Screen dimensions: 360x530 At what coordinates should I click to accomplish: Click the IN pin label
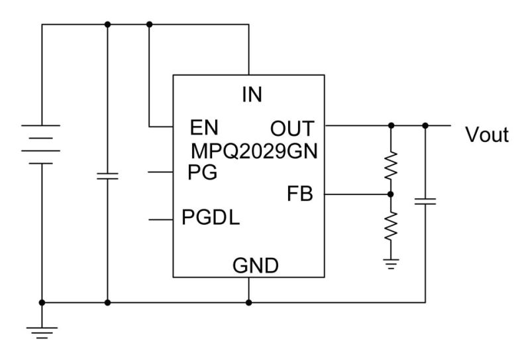[252, 95]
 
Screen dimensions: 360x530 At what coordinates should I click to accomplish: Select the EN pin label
[203, 127]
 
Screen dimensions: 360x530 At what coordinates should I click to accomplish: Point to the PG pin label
[202, 172]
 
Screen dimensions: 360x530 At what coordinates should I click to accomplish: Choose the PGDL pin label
[211, 218]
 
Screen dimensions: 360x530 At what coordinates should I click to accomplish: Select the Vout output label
[487, 135]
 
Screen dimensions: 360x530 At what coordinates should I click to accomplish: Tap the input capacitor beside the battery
[107, 176]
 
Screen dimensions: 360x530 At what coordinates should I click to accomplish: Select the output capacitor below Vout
[425, 201]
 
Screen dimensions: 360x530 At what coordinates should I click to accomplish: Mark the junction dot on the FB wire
[390, 194]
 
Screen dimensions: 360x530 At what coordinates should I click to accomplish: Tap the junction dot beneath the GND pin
[249, 302]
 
